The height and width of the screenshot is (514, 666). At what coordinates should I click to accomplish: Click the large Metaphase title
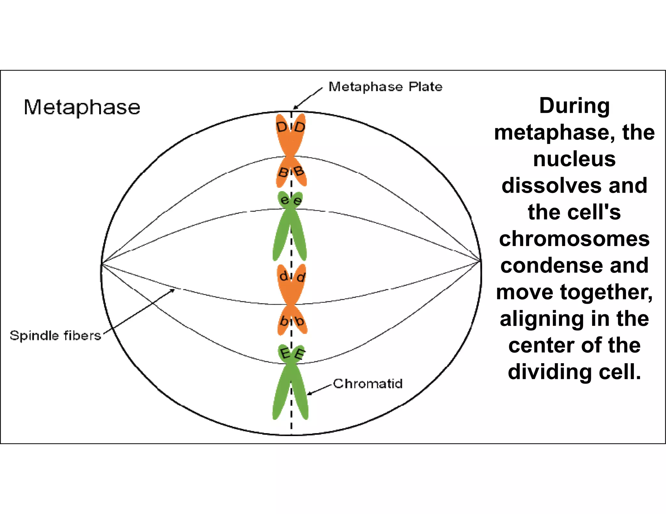(x=82, y=107)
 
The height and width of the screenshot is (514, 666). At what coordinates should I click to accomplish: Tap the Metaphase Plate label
(x=385, y=87)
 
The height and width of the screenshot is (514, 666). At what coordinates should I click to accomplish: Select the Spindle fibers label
(x=55, y=335)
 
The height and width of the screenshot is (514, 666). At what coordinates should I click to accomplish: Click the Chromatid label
(x=368, y=384)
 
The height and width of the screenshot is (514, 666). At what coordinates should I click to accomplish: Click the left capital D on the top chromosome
(x=282, y=127)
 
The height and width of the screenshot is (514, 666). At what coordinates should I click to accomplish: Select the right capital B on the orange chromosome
(x=298, y=171)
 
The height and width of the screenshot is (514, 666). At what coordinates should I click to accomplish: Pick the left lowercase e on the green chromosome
(x=285, y=200)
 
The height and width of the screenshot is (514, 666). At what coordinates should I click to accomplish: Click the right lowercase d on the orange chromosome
(x=301, y=277)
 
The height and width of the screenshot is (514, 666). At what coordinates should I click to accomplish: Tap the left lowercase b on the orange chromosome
(x=284, y=321)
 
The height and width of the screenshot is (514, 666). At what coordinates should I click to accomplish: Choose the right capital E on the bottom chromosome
(x=300, y=354)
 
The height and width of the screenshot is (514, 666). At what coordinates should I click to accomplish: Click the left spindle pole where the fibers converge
(x=102, y=263)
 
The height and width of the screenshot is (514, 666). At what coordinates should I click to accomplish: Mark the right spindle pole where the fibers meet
(x=480, y=261)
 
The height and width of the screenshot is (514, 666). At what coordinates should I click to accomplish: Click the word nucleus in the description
(x=574, y=159)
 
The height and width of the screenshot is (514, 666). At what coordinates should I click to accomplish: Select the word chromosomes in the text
(x=574, y=239)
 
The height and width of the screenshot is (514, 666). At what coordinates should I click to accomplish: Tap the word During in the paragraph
(x=574, y=106)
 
